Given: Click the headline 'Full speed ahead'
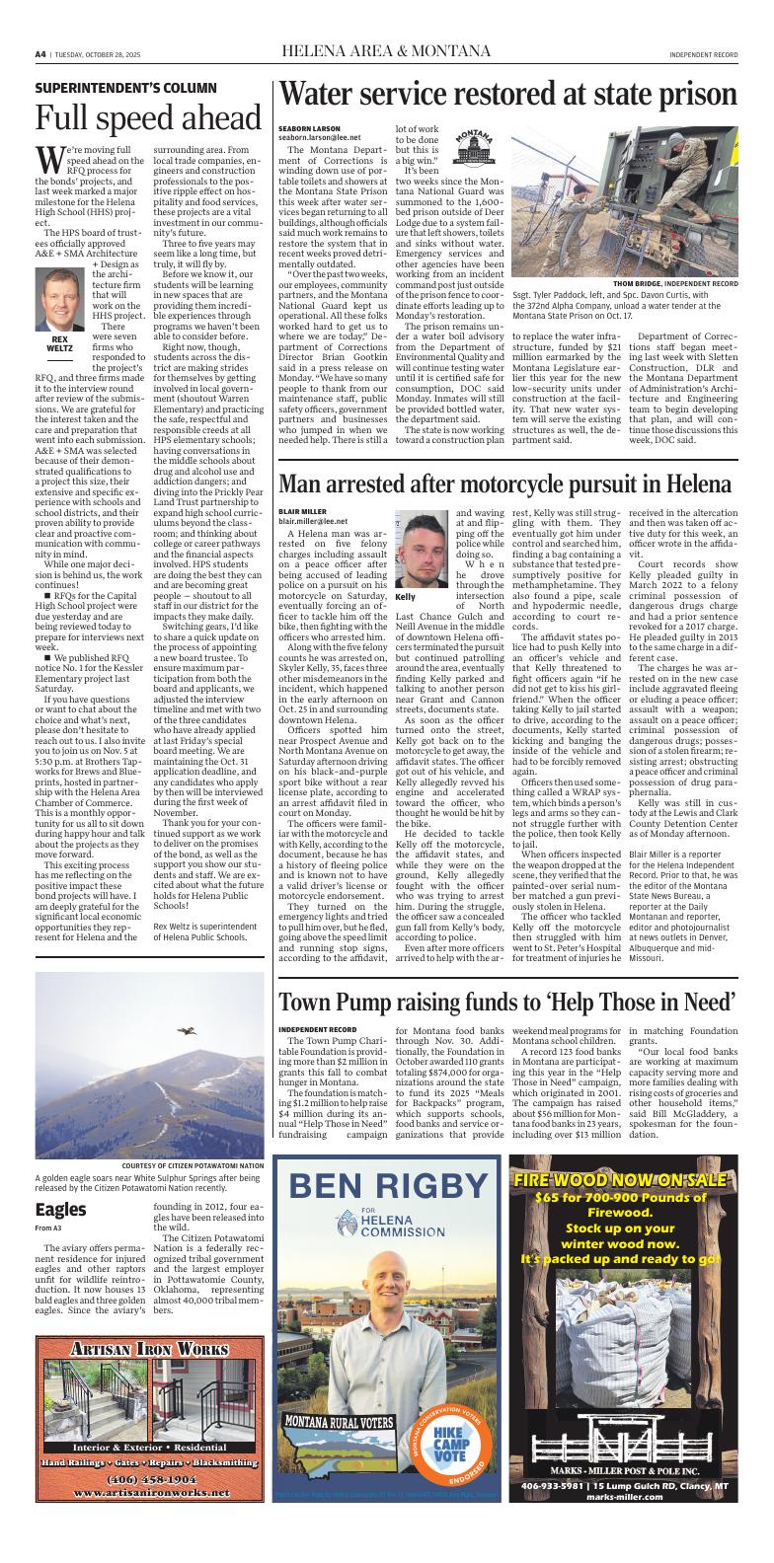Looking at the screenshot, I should click(148, 118).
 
